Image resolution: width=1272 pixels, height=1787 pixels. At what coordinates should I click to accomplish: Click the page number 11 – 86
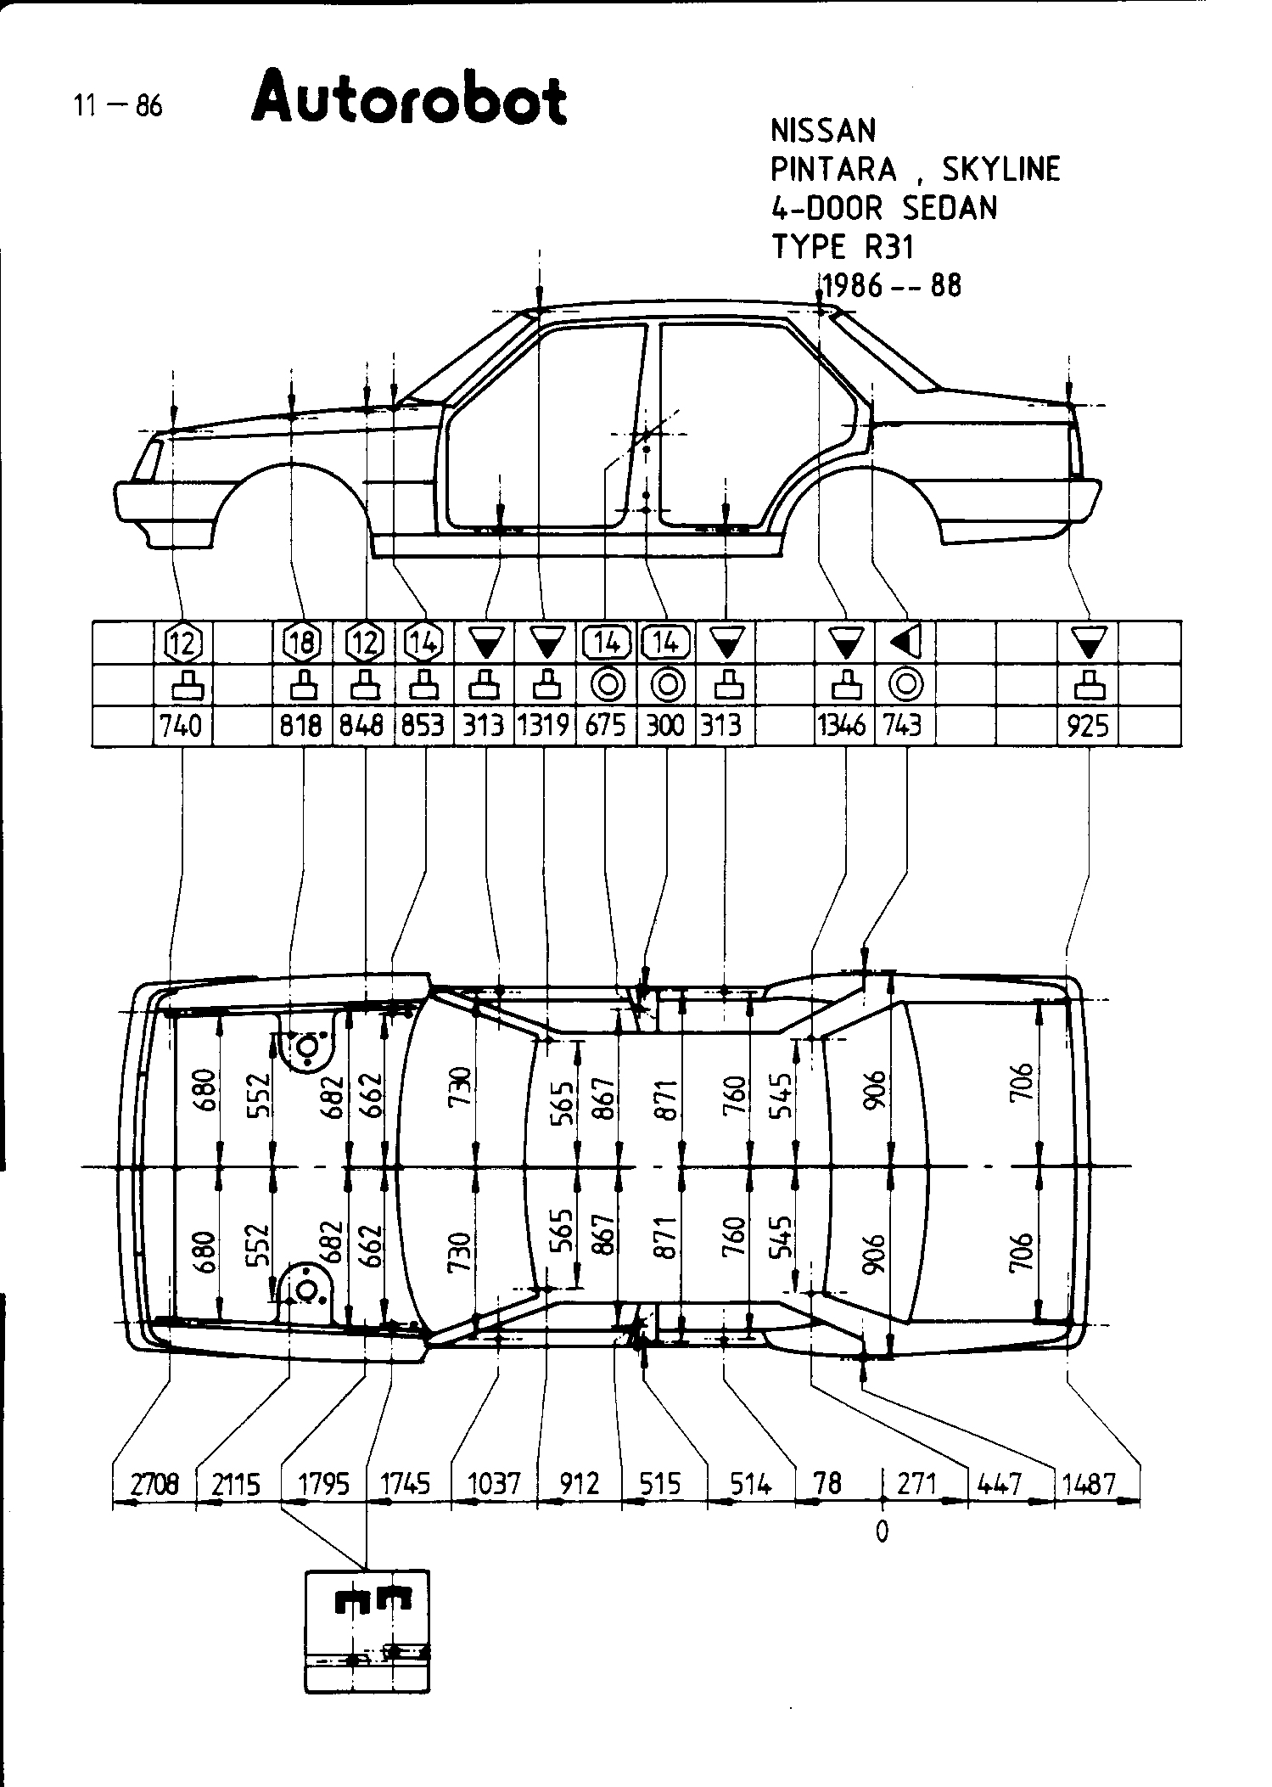click(x=117, y=106)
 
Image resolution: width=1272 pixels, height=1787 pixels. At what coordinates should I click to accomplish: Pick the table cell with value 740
click(x=182, y=726)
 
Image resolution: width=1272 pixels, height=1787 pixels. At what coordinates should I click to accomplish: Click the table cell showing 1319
click(x=544, y=726)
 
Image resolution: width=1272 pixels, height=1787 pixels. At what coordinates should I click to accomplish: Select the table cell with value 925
click(x=1088, y=726)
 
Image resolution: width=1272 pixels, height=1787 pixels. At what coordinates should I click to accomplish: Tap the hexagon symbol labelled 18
click(x=303, y=643)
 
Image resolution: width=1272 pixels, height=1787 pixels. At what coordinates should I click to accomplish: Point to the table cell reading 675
click(x=605, y=726)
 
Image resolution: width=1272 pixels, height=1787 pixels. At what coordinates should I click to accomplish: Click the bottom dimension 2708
click(x=154, y=1484)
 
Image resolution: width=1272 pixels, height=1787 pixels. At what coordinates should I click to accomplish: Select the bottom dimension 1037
click(x=494, y=1484)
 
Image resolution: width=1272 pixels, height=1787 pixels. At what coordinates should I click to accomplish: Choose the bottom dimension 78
click(x=827, y=1484)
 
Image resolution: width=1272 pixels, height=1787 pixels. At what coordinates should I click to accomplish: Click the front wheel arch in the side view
click(x=290, y=480)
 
